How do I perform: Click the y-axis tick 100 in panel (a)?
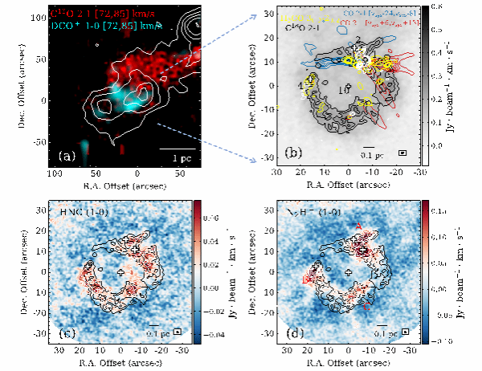pos(38,16)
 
